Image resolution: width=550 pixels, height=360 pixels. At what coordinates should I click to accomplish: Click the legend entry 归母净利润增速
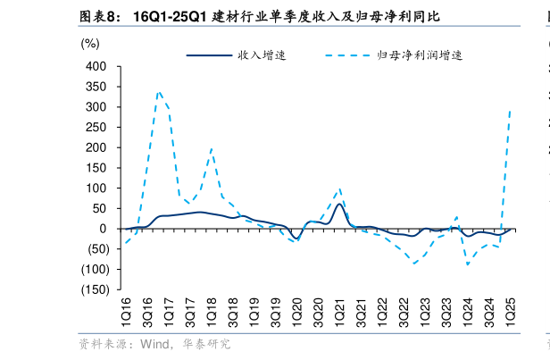point(419,55)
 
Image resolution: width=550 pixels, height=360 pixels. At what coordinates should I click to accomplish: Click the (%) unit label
point(90,42)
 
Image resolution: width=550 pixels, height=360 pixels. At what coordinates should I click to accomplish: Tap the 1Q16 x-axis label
point(126,314)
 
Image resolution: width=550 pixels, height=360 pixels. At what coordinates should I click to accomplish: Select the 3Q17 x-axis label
point(190,314)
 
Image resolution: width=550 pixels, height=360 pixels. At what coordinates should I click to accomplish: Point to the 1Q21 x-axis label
point(340,314)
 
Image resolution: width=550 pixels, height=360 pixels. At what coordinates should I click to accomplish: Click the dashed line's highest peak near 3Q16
point(158,90)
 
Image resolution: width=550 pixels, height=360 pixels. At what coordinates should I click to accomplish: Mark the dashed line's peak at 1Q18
point(212,148)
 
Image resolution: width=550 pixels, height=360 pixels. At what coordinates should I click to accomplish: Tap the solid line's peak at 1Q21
point(340,204)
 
